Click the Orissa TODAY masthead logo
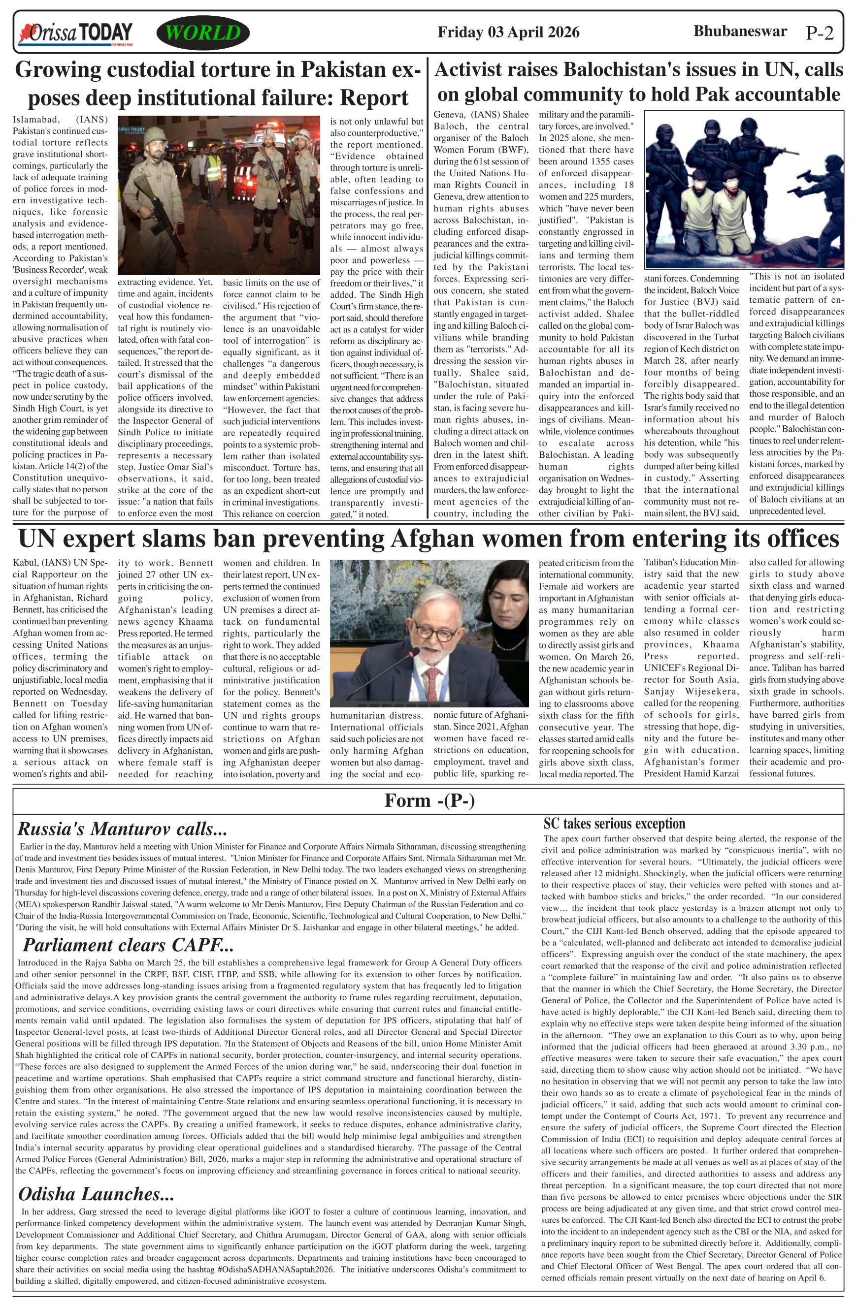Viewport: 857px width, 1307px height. [x=76, y=33]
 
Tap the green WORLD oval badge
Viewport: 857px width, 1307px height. [x=203, y=33]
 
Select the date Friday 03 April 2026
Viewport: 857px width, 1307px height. [x=508, y=32]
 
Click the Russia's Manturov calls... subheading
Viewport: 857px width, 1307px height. [x=123, y=829]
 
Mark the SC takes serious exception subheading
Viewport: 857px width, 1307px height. [x=614, y=824]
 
